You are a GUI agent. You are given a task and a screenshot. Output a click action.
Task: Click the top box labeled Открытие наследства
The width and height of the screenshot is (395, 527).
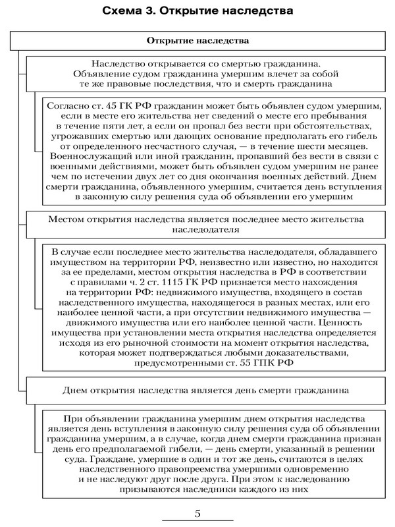click(197, 40)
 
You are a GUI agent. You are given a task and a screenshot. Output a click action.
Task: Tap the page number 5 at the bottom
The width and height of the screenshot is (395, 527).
click(197, 513)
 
